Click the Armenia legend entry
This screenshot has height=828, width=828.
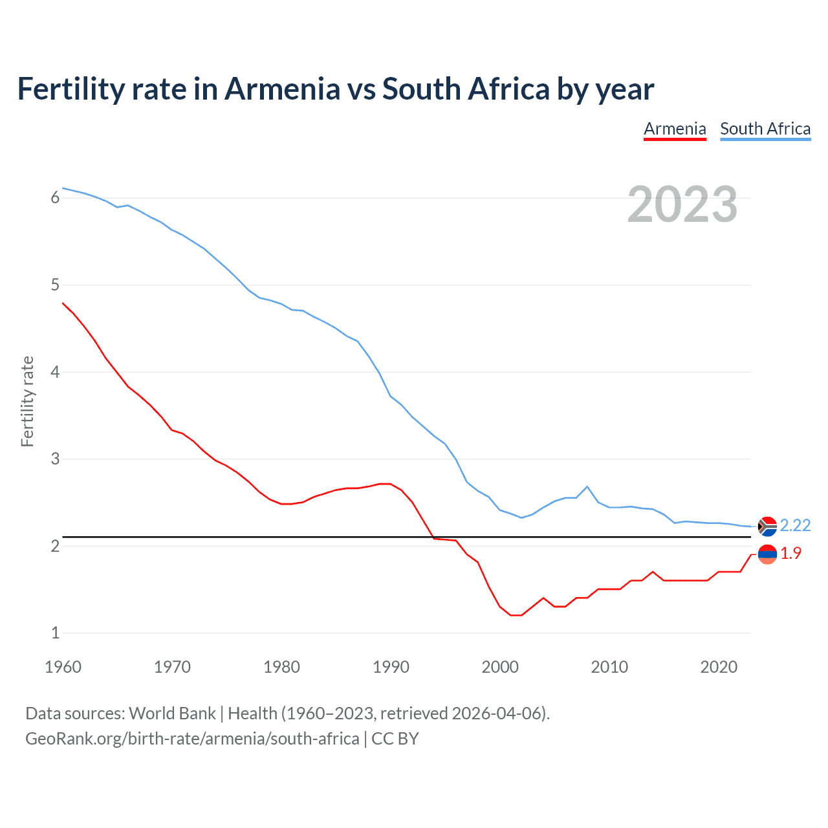click(675, 129)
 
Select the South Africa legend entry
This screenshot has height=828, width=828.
click(765, 129)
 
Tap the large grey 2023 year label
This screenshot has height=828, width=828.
click(682, 204)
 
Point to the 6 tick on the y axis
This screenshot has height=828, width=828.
click(55, 198)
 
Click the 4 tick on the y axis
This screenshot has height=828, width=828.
click(55, 372)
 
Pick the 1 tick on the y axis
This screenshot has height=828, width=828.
click(55, 633)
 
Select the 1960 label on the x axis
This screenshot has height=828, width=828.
click(63, 667)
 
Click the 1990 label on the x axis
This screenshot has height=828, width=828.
click(391, 667)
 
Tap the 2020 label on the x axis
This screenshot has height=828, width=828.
click(719, 667)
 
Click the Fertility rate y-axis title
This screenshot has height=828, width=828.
click(27, 401)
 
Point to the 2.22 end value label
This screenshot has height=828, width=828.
click(795, 525)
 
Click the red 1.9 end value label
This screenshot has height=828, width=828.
click(790, 553)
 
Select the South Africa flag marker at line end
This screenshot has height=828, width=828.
click(767, 527)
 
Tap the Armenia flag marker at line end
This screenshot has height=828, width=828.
click(767, 554)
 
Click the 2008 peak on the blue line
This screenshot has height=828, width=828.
click(587, 486)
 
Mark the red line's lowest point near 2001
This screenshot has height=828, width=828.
click(515, 615)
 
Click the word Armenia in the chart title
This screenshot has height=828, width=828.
click(282, 89)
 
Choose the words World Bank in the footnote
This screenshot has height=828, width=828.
click(172, 714)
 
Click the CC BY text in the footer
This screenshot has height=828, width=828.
click(395, 739)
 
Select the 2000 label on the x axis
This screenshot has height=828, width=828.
click(500, 667)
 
